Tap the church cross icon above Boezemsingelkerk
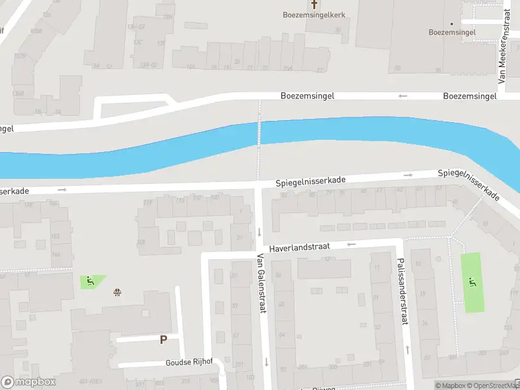313,3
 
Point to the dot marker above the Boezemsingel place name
452,24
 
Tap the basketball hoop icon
117,292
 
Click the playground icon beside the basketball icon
88,281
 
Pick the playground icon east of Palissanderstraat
472,281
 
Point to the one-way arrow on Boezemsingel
403,96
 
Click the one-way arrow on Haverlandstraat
352,245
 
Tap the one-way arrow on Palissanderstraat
407,349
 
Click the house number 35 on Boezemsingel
397,68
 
